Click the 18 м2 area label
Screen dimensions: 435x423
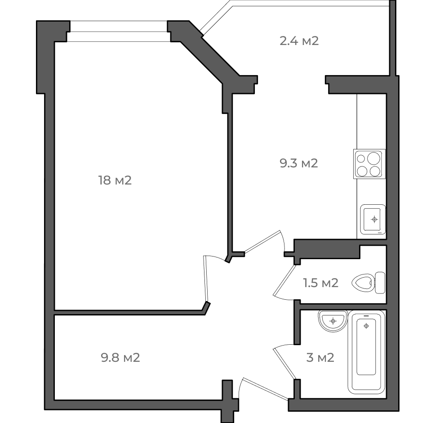(115, 180)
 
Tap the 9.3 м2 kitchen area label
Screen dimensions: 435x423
(299, 163)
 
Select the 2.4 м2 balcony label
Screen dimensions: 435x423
(299, 41)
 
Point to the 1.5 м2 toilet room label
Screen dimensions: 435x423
(321, 283)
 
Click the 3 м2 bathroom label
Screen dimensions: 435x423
(320, 357)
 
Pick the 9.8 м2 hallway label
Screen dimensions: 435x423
(120, 357)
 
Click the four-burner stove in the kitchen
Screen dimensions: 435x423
(369, 164)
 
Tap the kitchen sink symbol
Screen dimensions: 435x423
(373, 220)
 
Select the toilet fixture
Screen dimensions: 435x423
(368, 283)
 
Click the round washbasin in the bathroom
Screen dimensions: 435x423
(333, 321)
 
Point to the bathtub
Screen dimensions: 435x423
(366, 352)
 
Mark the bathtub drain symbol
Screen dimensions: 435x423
(366, 326)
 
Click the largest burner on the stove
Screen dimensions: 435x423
(373, 158)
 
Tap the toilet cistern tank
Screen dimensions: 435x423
(380, 283)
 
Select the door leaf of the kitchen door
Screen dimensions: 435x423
(262, 242)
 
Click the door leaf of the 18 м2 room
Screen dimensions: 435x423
(205, 279)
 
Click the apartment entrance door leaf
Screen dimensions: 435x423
(266, 389)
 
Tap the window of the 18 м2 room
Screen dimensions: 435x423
(119, 31)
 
